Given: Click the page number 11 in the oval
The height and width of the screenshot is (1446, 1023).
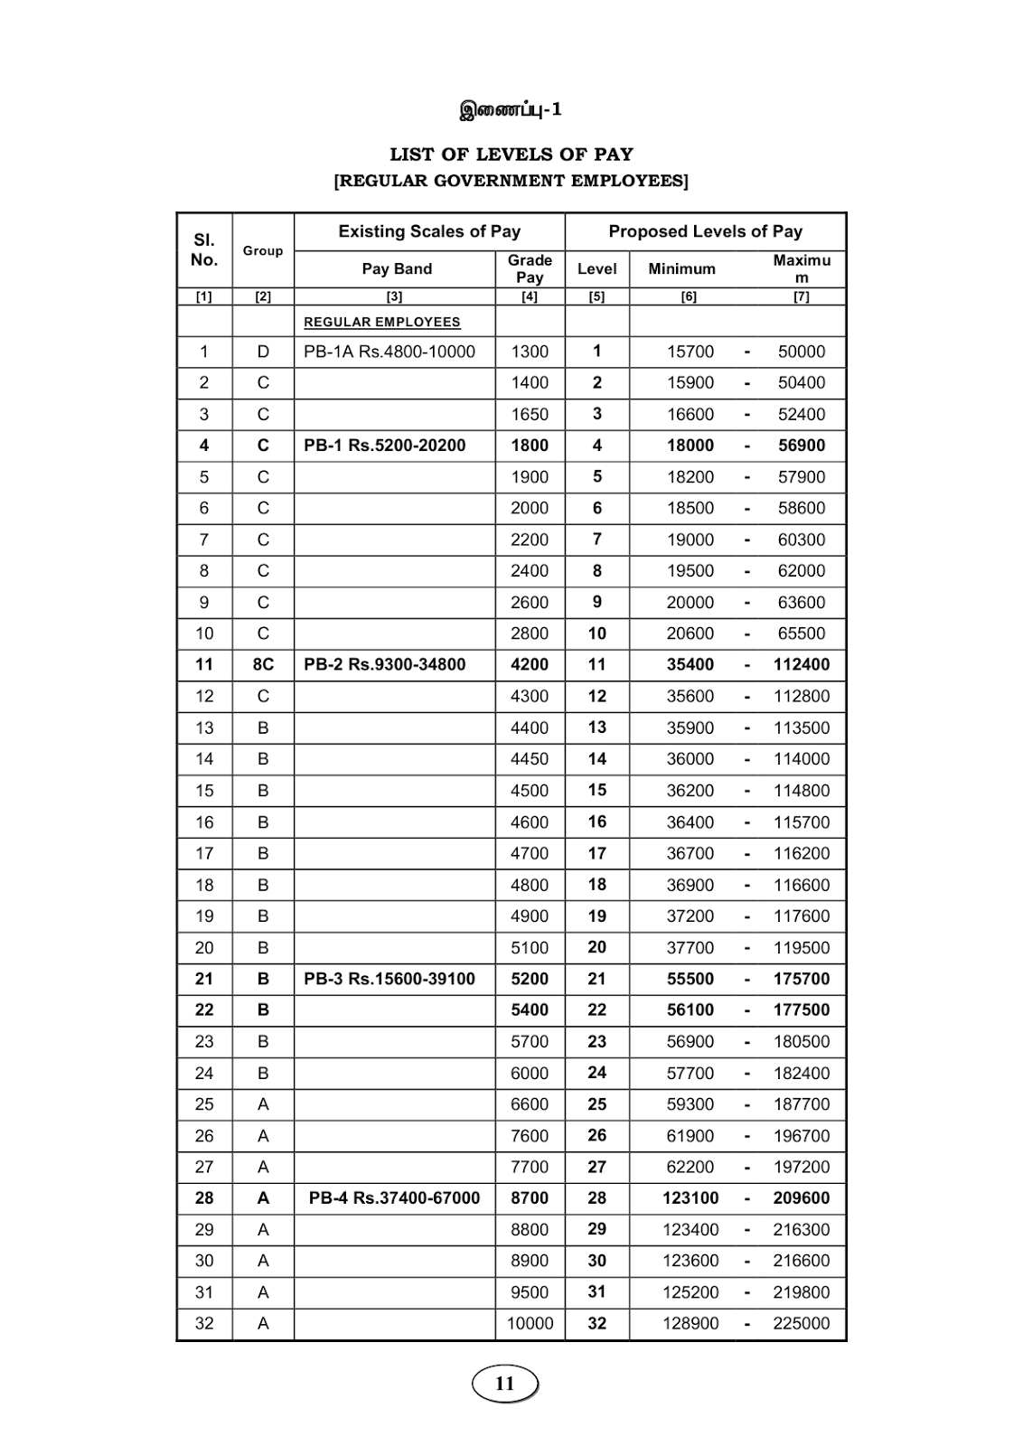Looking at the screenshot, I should click(x=504, y=1384).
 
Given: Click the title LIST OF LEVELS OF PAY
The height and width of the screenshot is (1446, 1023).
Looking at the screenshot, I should click(x=511, y=155).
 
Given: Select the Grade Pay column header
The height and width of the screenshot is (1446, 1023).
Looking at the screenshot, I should click(x=530, y=269).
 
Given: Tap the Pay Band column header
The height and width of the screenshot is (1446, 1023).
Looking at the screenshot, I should click(x=397, y=269).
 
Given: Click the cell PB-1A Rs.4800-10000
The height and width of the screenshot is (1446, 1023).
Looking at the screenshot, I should click(x=389, y=352).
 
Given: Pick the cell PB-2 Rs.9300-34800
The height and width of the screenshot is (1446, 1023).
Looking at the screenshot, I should click(x=384, y=664).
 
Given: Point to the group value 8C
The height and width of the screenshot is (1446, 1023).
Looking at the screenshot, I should click(x=263, y=664).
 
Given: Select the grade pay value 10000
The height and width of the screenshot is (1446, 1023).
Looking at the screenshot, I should click(x=530, y=1323).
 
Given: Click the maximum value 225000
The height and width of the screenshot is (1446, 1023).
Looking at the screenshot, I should click(x=801, y=1323).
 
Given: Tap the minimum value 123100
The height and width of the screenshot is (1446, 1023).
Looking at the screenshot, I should click(x=690, y=1198).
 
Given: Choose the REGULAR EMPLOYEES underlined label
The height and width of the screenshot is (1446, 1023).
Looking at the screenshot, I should click(x=381, y=323).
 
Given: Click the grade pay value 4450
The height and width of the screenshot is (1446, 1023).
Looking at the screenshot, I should click(x=530, y=759).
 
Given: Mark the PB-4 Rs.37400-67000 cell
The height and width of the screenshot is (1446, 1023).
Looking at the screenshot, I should click(x=394, y=1198).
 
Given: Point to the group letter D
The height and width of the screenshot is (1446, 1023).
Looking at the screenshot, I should click(x=263, y=352).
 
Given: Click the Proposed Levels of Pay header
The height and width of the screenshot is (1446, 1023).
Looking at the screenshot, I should click(x=705, y=231).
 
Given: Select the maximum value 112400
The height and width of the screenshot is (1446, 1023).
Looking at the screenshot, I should click(x=801, y=664).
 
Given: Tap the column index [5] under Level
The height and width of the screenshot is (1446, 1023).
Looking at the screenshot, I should click(x=596, y=296).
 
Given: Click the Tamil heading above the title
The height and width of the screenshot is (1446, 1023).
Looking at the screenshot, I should click(x=511, y=110).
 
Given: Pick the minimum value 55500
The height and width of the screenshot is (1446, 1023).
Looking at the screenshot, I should click(x=690, y=979).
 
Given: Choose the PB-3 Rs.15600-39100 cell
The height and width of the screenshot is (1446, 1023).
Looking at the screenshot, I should click(x=389, y=979).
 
